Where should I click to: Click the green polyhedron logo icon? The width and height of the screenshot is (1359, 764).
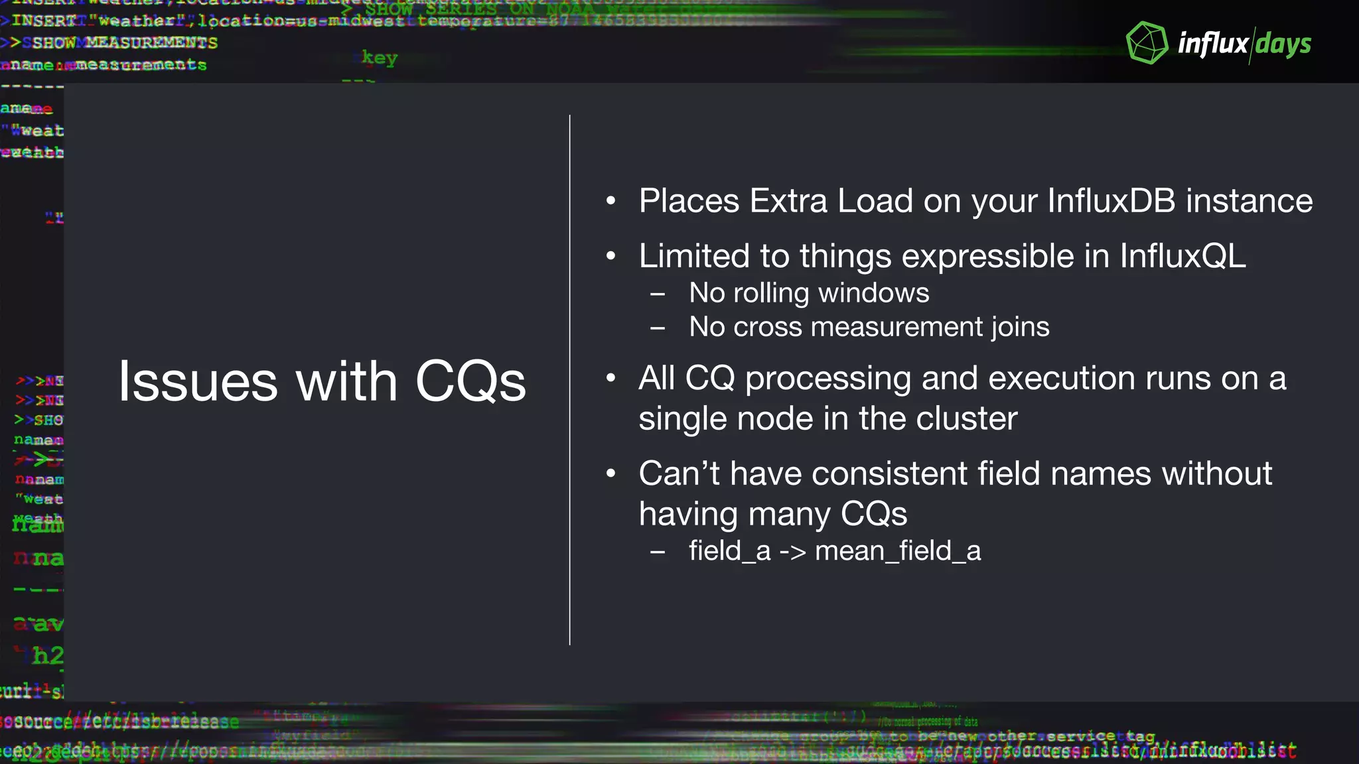click(1147, 43)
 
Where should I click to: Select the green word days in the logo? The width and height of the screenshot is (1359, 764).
click(1283, 44)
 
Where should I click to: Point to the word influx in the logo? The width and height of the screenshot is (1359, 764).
click(1213, 44)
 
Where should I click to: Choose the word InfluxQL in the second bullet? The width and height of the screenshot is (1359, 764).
click(1182, 256)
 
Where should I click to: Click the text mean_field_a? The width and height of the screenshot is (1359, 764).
click(898, 551)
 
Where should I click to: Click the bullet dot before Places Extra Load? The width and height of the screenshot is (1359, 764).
click(611, 201)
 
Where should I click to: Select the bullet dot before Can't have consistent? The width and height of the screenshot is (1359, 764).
click(611, 474)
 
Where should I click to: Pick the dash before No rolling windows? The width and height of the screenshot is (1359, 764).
click(658, 294)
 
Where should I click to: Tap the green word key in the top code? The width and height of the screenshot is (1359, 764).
click(380, 58)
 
